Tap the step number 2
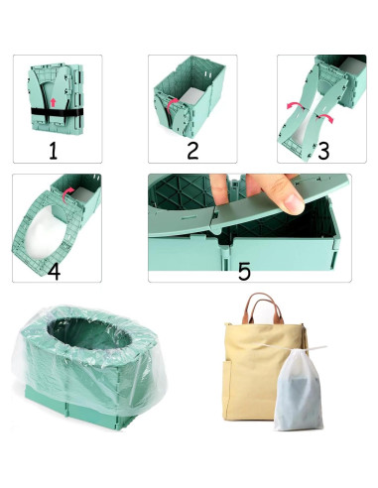[x=192, y=151]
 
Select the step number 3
[x=320, y=152]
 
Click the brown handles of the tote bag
[x=263, y=309]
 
